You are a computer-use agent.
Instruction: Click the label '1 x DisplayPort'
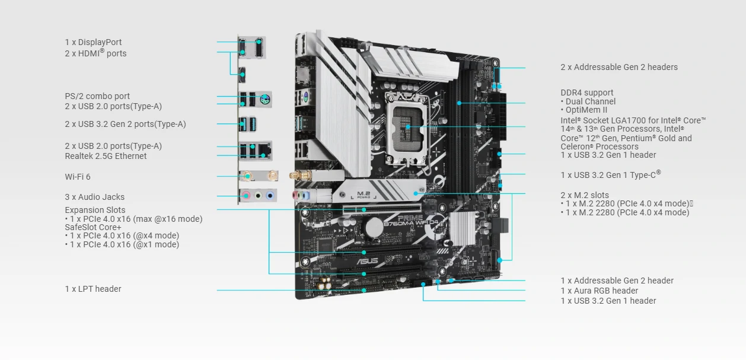[x=93, y=42]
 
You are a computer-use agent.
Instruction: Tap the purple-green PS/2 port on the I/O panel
[x=264, y=98]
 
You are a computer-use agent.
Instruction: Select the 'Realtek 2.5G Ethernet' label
[x=106, y=156]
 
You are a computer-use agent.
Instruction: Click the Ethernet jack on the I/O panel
[x=264, y=151]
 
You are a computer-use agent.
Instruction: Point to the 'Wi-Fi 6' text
[x=78, y=177]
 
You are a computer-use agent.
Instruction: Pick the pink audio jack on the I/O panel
[x=246, y=196]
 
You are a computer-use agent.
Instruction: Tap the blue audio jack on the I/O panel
[x=270, y=196]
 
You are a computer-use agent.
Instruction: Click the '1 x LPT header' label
[x=93, y=289]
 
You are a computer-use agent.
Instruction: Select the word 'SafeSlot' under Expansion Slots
[x=79, y=227]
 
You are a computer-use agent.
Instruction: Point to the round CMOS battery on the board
[x=374, y=228]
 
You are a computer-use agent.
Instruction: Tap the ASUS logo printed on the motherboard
[x=368, y=261]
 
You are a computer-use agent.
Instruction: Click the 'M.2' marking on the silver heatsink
[x=364, y=193]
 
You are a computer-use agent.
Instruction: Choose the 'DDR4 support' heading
[x=587, y=93]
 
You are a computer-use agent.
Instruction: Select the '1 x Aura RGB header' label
[x=600, y=291]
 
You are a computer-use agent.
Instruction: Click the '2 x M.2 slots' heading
[x=585, y=195]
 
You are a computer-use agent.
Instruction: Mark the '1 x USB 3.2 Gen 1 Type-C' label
[x=610, y=174]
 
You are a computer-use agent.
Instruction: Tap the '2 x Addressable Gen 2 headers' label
[x=619, y=67]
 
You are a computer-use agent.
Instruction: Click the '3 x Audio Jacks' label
[x=94, y=197]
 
